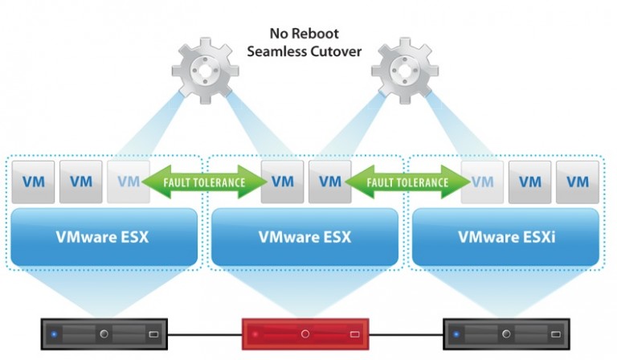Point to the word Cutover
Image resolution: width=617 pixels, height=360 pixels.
click(x=333, y=52)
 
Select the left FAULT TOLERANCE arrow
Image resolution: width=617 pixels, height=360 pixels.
click(x=205, y=182)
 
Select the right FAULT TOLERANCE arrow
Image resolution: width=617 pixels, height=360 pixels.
click(x=408, y=182)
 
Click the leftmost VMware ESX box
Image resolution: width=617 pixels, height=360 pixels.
click(x=103, y=237)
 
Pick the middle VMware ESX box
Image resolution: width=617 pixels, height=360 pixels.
click(x=304, y=237)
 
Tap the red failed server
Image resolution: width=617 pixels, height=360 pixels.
click(x=305, y=333)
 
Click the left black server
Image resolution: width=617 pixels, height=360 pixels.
click(x=103, y=333)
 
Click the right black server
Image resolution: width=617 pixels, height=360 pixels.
click(x=506, y=333)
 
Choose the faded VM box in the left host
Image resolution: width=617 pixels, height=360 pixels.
click(x=128, y=182)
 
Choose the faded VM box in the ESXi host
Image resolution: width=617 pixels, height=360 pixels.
click(x=482, y=182)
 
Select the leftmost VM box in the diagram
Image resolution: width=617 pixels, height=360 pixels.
click(x=33, y=182)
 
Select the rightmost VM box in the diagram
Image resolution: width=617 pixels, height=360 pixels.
click(x=578, y=182)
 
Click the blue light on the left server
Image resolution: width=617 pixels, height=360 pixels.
click(x=54, y=333)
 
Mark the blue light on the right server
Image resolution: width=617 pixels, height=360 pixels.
click(x=457, y=333)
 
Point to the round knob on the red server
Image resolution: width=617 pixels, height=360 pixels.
click(x=305, y=333)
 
